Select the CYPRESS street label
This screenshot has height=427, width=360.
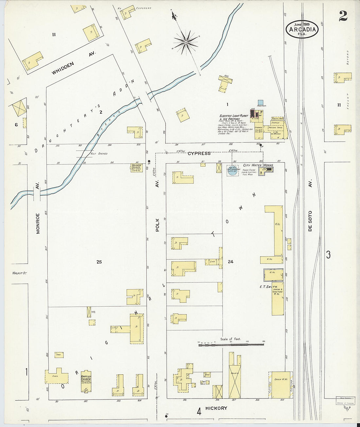[x=200, y=153]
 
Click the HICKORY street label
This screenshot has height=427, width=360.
[x=216, y=408]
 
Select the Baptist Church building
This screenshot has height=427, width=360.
[x=86, y=380]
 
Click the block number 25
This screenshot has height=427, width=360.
[x=99, y=262]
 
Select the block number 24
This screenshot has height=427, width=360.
[x=231, y=262]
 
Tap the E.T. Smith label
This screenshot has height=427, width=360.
[x=268, y=287]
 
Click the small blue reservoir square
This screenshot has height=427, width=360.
[x=261, y=103]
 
